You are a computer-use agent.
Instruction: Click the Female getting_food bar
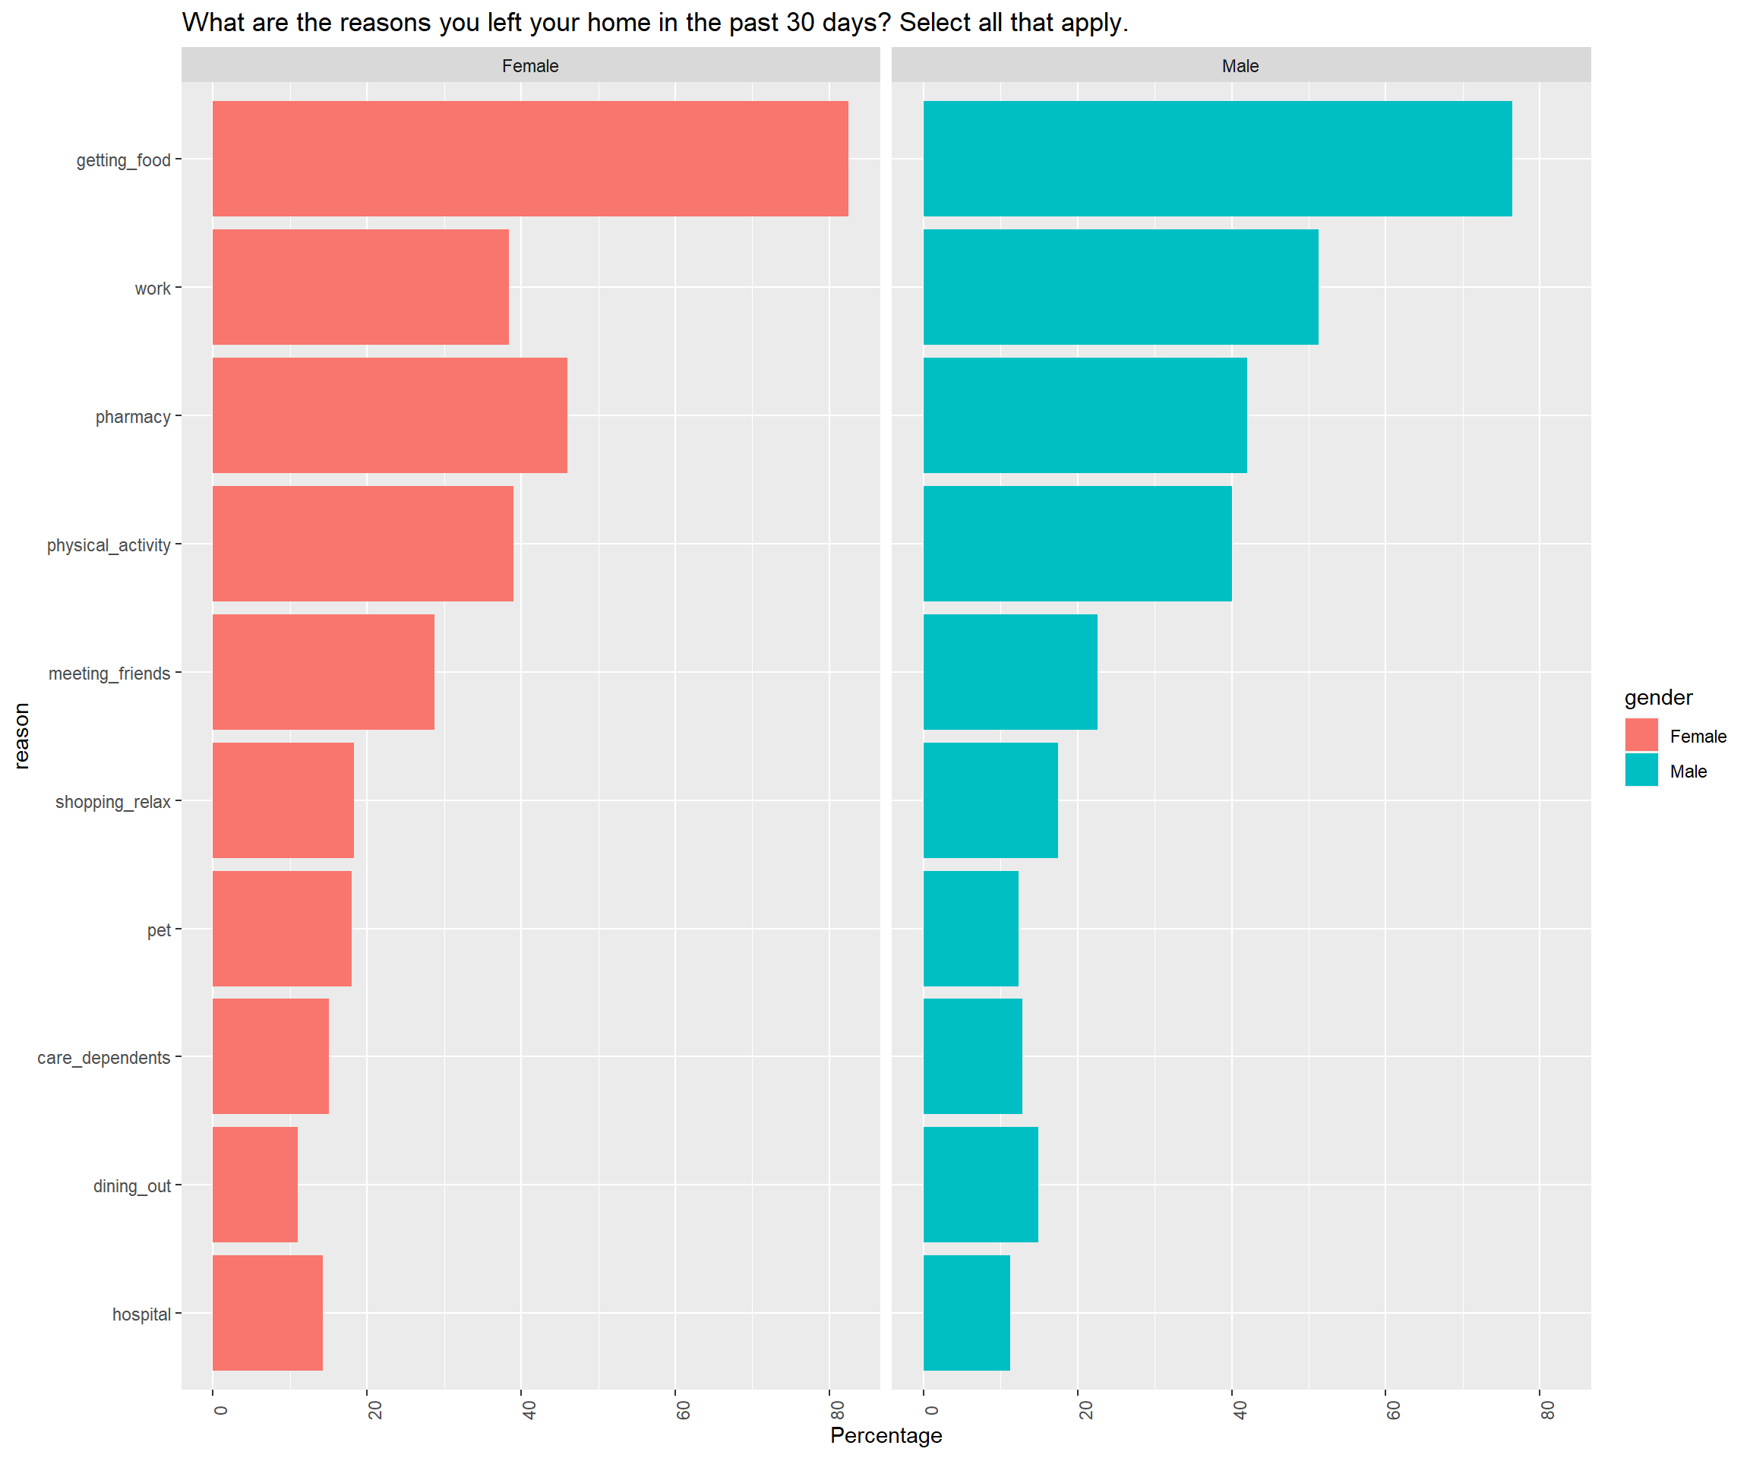(x=530, y=158)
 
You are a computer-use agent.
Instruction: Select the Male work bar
(x=1120, y=286)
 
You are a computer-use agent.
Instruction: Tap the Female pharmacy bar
(x=389, y=415)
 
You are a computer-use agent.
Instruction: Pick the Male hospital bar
(x=966, y=1313)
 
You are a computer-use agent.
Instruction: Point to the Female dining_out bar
(x=254, y=1185)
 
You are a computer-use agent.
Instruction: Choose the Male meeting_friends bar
(x=1010, y=671)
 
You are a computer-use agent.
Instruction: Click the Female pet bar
(x=282, y=928)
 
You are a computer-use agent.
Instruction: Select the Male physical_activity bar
(x=1077, y=543)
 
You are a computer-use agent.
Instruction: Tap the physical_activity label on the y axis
(x=109, y=545)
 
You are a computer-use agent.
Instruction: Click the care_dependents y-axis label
(x=103, y=1057)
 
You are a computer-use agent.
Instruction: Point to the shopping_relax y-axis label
(x=112, y=801)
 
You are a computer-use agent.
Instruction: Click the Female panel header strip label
(x=530, y=66)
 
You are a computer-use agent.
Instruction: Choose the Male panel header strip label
(x=1240, y=66)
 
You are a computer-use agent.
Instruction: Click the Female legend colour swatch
(x=1641, y=735)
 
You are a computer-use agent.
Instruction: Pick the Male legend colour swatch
(x=1641, y=770)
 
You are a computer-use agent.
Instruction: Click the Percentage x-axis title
(x=886, y=1435)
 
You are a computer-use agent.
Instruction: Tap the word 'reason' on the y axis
(x=22, y=735)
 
